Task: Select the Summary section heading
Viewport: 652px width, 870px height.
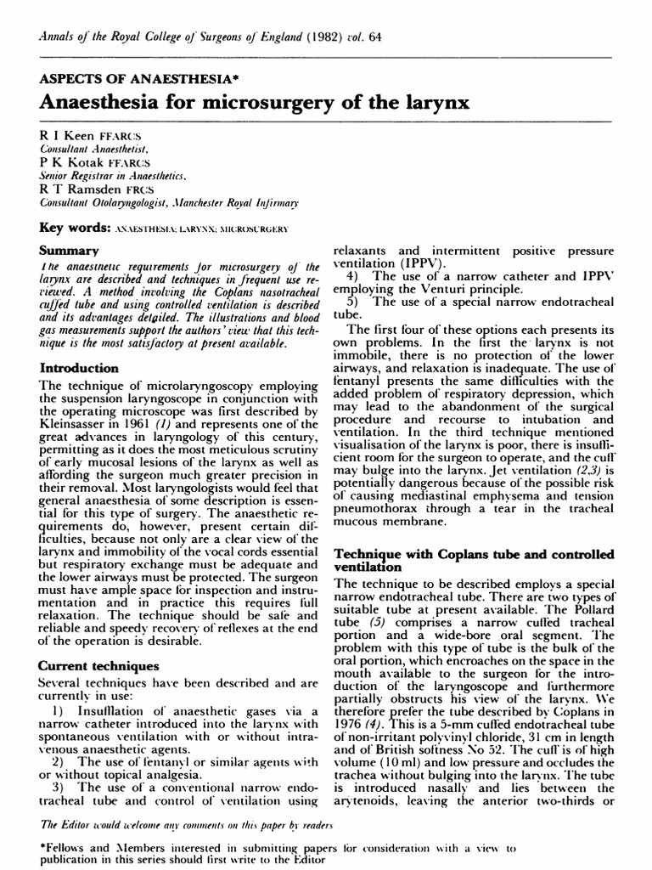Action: (x=70, y=251)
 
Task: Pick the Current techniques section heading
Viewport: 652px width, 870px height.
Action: (x=98, y=667)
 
